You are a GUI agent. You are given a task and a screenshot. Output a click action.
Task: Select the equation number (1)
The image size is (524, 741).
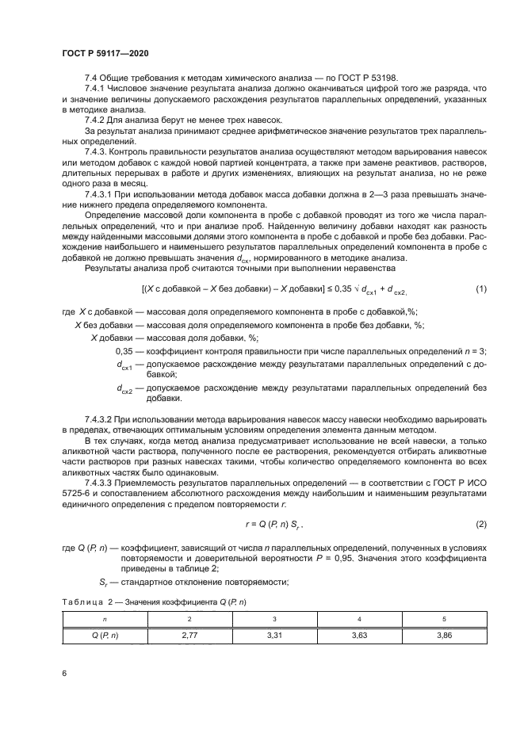pyautogui.click(x=480, y=289)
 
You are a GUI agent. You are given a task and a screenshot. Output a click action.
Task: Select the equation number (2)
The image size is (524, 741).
pyautogui.click(x=480, y=524)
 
